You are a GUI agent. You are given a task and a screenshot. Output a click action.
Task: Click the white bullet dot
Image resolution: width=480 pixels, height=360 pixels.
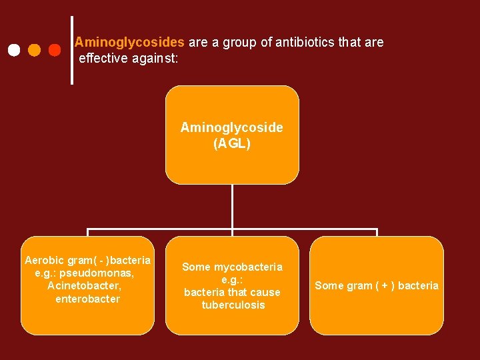click(x=13, y=50)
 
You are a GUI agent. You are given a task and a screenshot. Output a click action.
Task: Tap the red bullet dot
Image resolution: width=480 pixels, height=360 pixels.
click(x=55, y=50)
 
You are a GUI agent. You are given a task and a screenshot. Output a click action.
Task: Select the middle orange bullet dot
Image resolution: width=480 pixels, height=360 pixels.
click(x=34, y=50)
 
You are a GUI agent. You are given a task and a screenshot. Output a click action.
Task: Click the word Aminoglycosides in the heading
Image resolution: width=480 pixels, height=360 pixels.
click(x=129, y=43)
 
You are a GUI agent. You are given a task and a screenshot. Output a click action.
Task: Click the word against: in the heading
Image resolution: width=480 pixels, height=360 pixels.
click(x=155, y=58)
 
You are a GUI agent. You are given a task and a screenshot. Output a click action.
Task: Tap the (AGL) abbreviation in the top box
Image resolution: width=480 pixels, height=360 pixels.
click(x=232, y=143)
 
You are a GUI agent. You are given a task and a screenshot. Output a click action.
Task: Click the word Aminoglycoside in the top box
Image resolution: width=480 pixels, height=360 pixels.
click(x=232, y=127)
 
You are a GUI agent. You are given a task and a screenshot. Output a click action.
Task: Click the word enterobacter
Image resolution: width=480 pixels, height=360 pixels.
click(x=88, y=299)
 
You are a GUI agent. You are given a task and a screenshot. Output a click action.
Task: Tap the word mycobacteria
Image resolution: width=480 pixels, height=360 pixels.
click(x=248, y=267)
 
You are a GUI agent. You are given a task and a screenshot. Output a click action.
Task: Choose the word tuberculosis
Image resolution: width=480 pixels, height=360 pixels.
click(x=233, y=305)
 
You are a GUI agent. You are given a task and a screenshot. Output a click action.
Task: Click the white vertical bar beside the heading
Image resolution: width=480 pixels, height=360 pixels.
click(x=72, y=50)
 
